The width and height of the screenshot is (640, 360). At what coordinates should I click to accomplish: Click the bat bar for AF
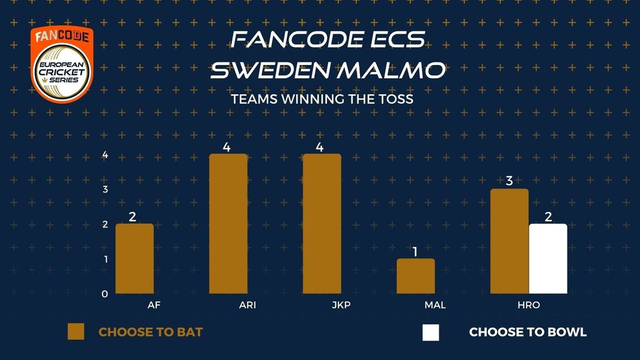tap(135, 258)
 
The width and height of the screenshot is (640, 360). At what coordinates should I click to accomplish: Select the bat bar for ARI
tap(228, 224)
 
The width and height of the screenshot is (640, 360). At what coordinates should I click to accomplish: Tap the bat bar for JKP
tap(322, 224)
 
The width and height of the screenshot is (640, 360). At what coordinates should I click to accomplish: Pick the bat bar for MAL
tap(416, 276)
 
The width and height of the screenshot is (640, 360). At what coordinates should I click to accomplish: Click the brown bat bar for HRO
tap(509, 241)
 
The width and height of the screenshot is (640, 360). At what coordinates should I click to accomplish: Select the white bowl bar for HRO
tap(548, 258)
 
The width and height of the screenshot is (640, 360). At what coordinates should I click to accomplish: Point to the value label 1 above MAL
tap(415, 252)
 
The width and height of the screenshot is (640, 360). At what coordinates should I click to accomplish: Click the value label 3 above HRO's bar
tap(509, 181)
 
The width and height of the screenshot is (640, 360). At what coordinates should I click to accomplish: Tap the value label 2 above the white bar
tap(548, 216)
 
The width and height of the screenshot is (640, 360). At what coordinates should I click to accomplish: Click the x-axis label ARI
tap(247, 305)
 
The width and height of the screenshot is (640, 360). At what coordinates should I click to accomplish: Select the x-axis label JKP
tap(341, 305)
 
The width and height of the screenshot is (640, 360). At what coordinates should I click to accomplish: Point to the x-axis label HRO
tap(529, 305)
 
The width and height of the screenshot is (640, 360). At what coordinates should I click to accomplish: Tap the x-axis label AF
tap(154, 305)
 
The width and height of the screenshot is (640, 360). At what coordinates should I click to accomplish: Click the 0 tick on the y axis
tap(104, 294)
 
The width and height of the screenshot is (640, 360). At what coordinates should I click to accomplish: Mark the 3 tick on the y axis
tap(105, 189)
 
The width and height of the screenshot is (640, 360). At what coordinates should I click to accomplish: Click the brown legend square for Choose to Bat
tap(76, 332)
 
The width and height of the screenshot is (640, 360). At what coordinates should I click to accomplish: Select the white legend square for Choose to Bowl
tap(431, 332)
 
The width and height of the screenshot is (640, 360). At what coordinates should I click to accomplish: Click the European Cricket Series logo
tap(62, 64)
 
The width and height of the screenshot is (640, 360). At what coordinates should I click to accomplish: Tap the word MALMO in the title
tap(391, 70)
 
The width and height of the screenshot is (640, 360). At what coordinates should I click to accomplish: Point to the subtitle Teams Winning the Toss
tap(322, 99)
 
